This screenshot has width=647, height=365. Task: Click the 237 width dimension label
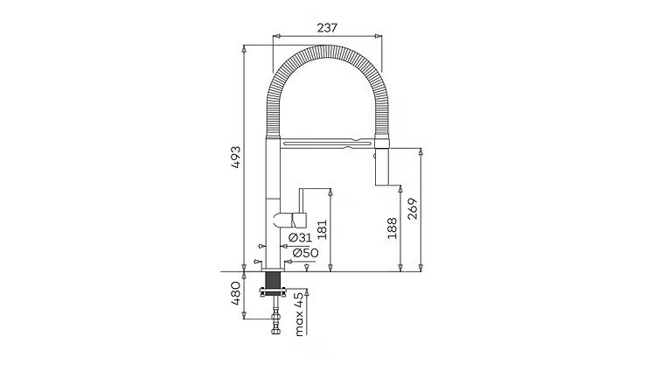point(327,28)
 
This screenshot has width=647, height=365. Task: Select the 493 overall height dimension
point(235,157)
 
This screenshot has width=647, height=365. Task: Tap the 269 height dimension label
point(412,209)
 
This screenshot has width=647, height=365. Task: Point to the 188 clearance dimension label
point(392,228)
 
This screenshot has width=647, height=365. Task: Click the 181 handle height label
point(323,229)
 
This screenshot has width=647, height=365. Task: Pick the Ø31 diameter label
point(300,237)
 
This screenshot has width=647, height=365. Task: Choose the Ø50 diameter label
point(305,253)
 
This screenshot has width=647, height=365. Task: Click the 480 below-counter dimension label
point(235,293)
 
